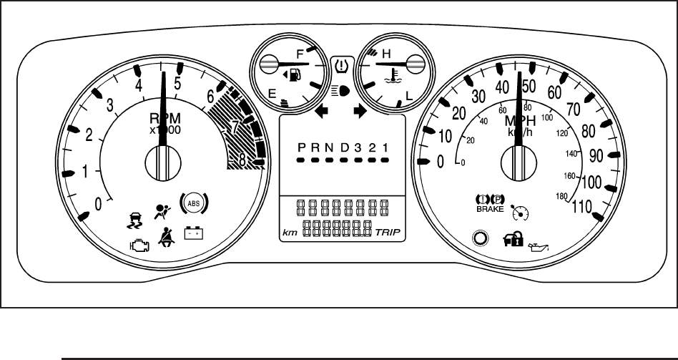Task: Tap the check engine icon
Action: (139, 244)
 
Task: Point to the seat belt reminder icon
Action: (168, 236)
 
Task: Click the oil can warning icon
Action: (536, 247)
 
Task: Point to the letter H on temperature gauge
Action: (387, 53)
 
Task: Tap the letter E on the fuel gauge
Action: (272, 93)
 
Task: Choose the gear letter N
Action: (329, 147)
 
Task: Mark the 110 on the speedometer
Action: (586, 208)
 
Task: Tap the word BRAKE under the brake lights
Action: (486, 210)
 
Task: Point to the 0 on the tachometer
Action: (99, 204)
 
